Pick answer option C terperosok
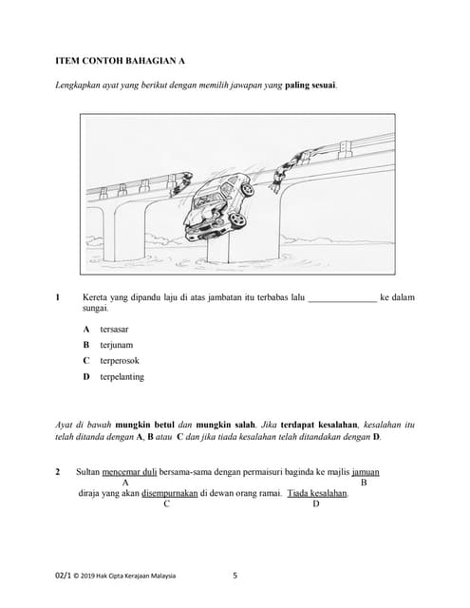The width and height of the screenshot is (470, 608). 117,361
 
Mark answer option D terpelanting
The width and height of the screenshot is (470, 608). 118,377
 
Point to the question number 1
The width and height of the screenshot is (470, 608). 58,297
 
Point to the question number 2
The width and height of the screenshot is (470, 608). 58,471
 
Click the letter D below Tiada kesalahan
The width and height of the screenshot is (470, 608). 316,504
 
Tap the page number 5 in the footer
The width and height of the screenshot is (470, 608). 235,576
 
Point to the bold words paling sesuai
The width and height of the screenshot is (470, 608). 310,85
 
